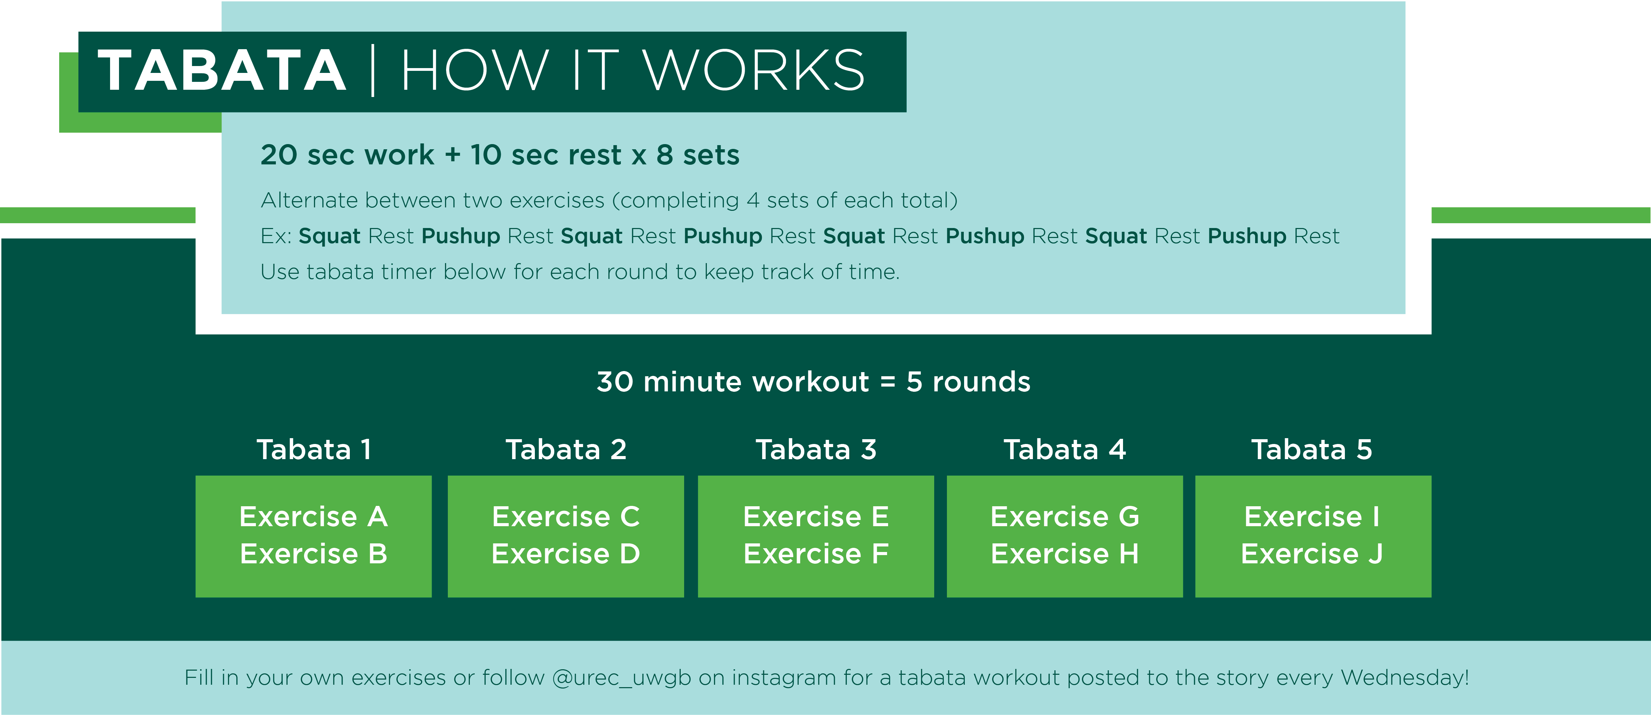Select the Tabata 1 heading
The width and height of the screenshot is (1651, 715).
pyautogui.click(x=314, y=450)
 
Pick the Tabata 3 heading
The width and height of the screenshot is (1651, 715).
pyautogui.click(x=816, y=450)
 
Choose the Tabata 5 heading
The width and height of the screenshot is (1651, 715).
pyautogui.click(x=1312, y=450)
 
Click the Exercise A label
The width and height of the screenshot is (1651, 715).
pyautogui.click(x=313, y=517)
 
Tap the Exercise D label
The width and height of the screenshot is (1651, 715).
pyautogui.click(x=566, y=554)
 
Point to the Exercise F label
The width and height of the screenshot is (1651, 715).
pyautogui.click(x=816, y=554)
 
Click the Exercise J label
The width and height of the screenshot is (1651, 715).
pyautogui.click(x=1312, y=554)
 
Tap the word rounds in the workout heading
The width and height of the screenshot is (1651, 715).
pyautogui.click(x=981, y=382)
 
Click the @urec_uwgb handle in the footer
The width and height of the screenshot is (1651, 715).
pyautogui.click(x=622, y=678)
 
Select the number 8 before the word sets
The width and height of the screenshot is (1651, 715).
pyautogui.click(x=665, y=155)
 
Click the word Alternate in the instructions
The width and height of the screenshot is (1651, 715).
pyautogui.click(x=309, y=201)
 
